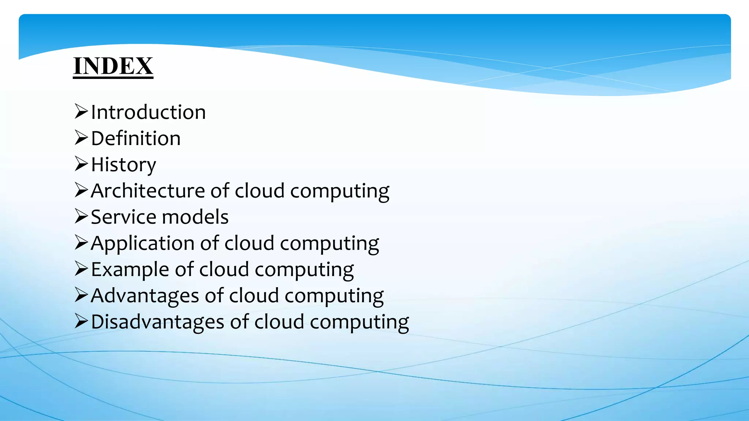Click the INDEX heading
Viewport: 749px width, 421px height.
coord(113,66)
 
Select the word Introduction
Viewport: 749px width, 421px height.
coord(148,112)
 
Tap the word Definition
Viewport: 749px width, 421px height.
coord(136,139)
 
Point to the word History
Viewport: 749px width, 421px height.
coord(123,165)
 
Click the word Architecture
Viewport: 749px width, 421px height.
coord(148,191)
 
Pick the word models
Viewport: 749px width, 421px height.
coord(195,217)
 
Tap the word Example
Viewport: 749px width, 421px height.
coord(130,270)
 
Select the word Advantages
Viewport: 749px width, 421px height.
coord(145,296)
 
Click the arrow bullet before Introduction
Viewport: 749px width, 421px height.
coord(81,111)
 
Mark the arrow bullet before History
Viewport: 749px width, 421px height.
coord(81,164)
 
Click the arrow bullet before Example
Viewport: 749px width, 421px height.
coord(81,269)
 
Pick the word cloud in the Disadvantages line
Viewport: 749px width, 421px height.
coord(279,322)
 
